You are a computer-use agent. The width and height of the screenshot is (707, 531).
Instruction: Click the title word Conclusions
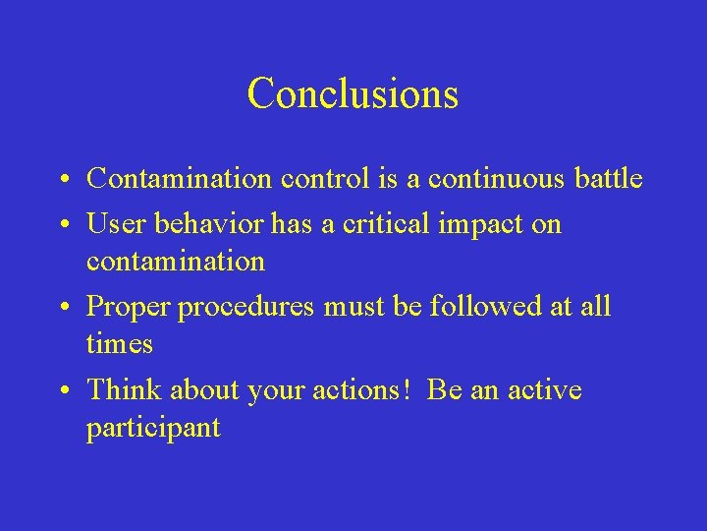point(353,93)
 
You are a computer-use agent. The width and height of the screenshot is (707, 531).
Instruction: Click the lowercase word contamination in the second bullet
point(176,262)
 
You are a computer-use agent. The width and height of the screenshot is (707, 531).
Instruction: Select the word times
point(120,343)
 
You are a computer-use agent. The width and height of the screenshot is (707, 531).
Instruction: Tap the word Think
point(125,389)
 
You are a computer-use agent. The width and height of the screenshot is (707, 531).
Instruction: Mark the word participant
point(153,429)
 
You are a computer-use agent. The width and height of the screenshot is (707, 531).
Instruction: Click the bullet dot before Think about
point(62,391)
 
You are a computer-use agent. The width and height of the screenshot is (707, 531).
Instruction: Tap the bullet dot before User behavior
point(62,225)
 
